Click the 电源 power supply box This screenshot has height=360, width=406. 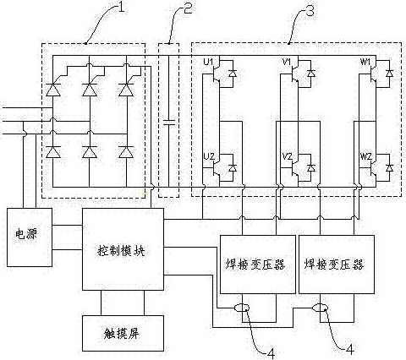point(30,237)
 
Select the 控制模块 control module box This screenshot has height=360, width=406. point(123,249)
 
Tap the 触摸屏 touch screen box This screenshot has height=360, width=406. point(123,333)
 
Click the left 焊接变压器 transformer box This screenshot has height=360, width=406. point(258,265)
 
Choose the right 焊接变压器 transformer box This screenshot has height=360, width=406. point(337,265)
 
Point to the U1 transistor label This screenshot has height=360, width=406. point(208,62)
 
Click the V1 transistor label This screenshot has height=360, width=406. point(287,62)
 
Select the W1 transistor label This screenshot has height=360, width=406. point(365,62)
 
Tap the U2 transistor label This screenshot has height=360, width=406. point(209,156)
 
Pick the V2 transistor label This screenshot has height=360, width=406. point(288,156)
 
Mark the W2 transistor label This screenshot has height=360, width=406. point(366,156)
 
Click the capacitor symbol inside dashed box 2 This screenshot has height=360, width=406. point(168,122)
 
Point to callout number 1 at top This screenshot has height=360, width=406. point(121,8)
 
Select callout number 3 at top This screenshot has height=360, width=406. point(310,11)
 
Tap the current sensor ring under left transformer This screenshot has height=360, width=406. point(242,308)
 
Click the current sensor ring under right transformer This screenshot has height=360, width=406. point(321,308)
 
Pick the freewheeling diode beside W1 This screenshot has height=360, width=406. point(390,74)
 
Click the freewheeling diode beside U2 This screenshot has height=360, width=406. point(233,168)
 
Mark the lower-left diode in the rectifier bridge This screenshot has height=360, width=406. point(53,152)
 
